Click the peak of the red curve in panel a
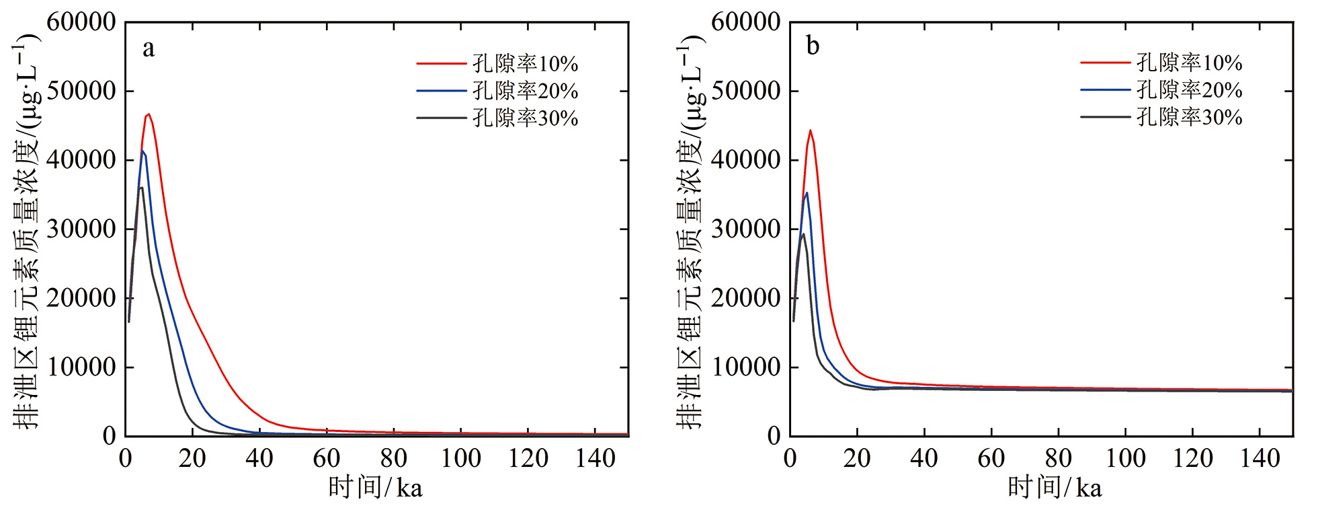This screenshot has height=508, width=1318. pyautogui.click(x=149, y=114)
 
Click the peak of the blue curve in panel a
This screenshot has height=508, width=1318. pyautogui.click(x=142, y=152)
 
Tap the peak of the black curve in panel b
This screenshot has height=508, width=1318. pyautogui.click(x=803, y=234)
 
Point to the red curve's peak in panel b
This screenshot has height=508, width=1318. pyautogui.click(x=811, y=131)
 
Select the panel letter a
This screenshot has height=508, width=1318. pyautogui.click(x=149, y=48)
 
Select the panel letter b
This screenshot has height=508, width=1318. pyautogui.click(x=813, y=46)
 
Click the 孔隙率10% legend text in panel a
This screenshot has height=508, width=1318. pyautogui.click(x=525, y=64)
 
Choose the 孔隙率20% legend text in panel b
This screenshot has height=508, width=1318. pyautogui.click(x=1189, y=89)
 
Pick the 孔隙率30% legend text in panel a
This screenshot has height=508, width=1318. pyautogui.click(x=525, y=118)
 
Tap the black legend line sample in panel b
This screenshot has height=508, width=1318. pyautogui.click(x=1105, y=117)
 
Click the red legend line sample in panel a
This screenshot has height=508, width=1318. pyautogui.click(x=441, y=64)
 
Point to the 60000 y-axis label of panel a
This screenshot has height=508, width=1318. pyautogui.click(x=81, y=22)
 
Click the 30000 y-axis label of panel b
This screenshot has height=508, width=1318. pyautogui.click(x=745, y=229)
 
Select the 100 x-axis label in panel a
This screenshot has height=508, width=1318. pyautogui.click(x=461, y=459)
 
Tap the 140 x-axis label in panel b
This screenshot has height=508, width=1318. pyautogui.click(x=1260, y=459)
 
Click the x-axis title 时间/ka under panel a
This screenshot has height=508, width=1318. pyautogui.click(x=376, y=488)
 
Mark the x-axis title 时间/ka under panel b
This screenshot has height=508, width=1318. pyautogui.click(x=1055, y=488)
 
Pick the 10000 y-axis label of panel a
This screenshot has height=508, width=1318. pyautogui.click(x=81, y=367)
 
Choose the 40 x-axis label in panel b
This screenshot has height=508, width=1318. pyautogui.click(x=924, y=459)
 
